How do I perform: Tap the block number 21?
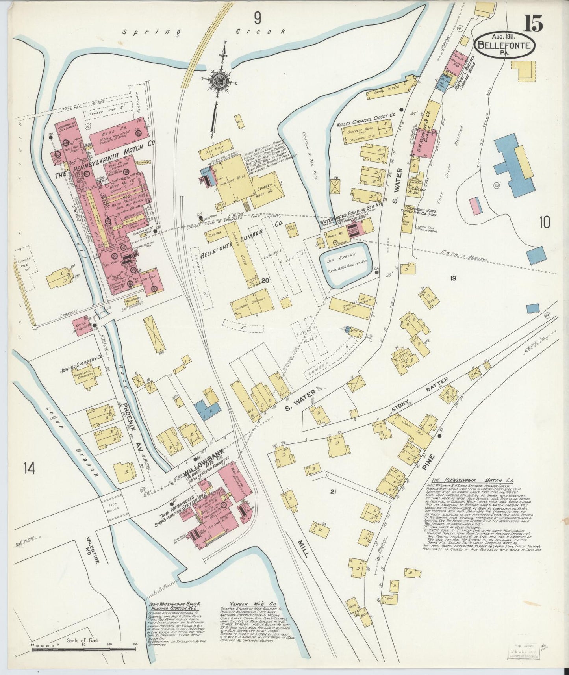(334, 492)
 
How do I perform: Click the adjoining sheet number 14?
(29, 469)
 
